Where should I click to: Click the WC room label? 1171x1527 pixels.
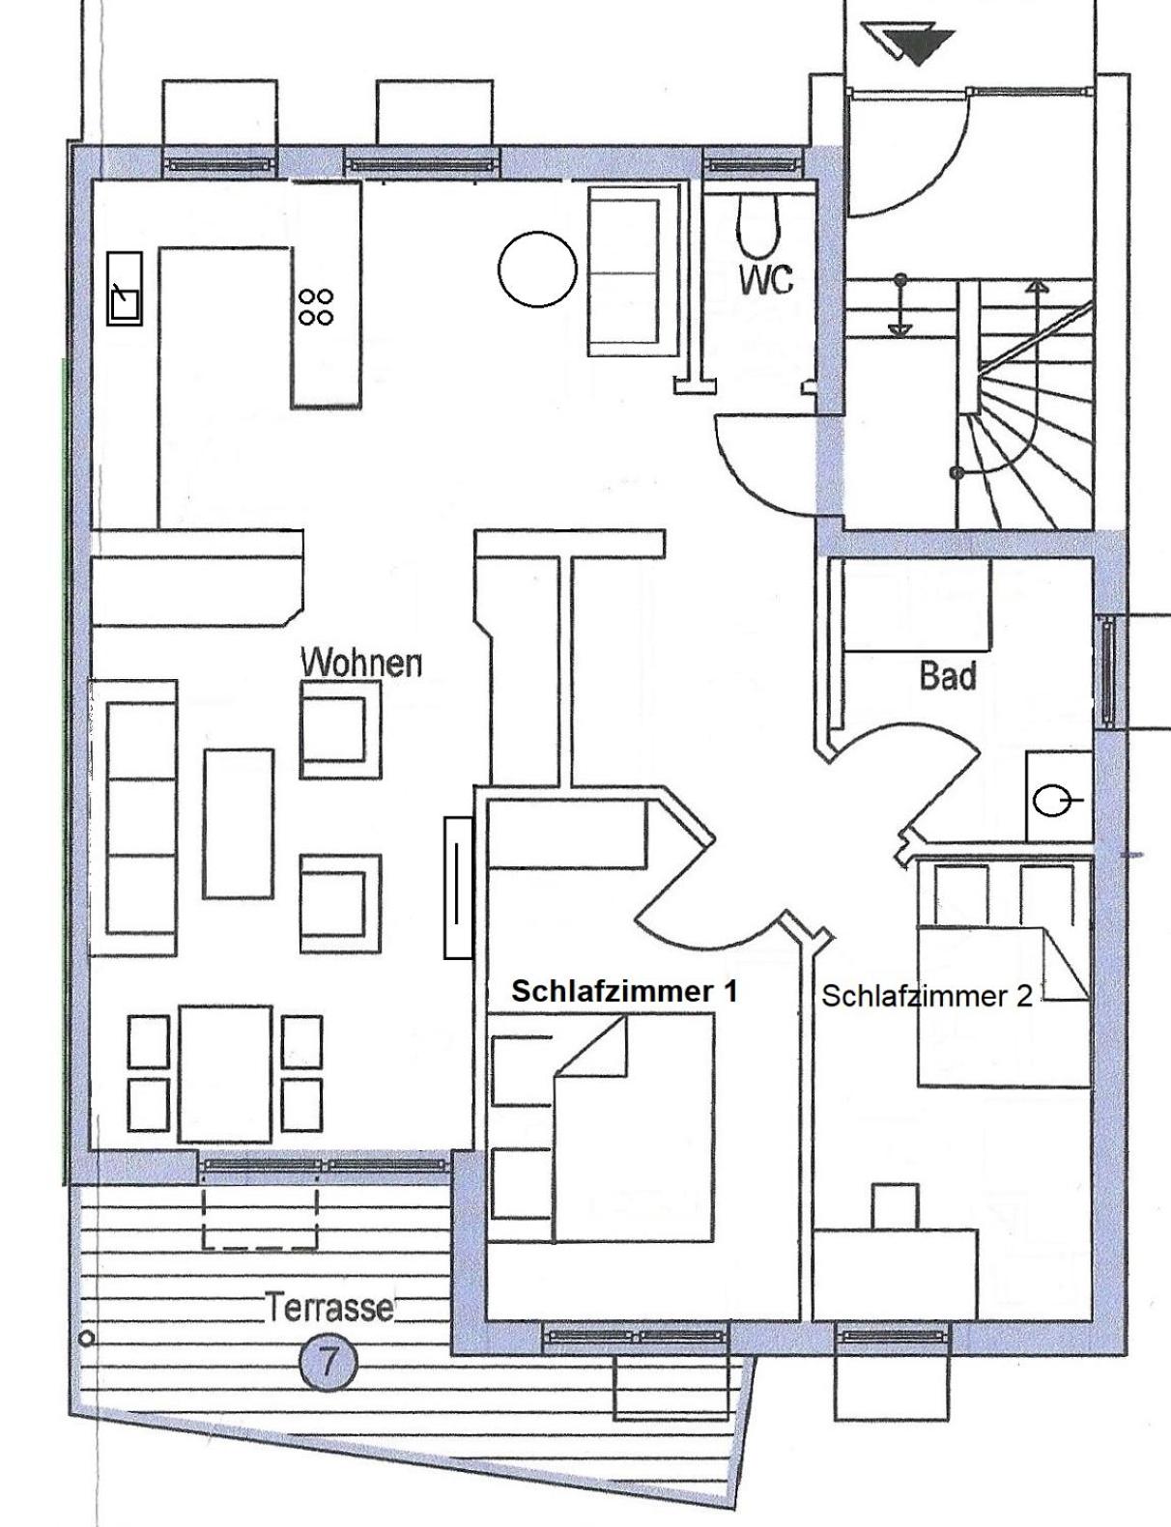point(766,279)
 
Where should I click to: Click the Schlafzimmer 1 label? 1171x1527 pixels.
point(625,992)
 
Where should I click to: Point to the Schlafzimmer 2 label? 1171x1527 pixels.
point(928,996)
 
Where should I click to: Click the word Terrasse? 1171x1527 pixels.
point(328,1309)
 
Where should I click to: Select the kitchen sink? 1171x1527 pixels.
point(125,289)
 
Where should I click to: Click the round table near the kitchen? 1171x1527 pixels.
point(537,269)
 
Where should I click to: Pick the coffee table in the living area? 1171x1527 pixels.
point(239,824)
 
